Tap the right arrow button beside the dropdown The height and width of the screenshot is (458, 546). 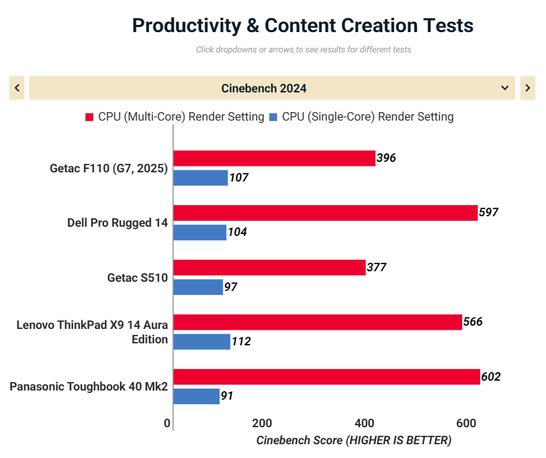[528, 88]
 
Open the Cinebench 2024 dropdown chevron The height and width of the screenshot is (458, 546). [505, 88]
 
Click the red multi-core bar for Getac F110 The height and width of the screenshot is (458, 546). [274, 158]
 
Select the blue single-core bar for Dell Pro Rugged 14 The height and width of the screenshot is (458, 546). [200, 232]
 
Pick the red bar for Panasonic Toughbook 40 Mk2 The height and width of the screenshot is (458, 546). [326, 377]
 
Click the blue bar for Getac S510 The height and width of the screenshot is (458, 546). [198, 287]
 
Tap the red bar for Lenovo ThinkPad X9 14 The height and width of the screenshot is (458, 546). [317, 322]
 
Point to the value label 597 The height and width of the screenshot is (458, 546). [489, 212]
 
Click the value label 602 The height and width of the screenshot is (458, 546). [491, 377]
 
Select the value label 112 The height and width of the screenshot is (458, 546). [241, 341]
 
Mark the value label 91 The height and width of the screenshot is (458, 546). [227, 396]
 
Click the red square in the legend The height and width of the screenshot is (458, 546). [90, 117]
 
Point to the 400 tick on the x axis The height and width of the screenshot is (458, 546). [364, 423]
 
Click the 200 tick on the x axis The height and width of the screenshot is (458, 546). [262, 423]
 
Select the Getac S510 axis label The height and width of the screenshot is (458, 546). [138, 278]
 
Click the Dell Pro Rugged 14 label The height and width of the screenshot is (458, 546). [117, 223]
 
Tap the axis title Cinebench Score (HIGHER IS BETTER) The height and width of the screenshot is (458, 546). [353, 440]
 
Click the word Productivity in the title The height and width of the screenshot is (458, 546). [178, 26]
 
